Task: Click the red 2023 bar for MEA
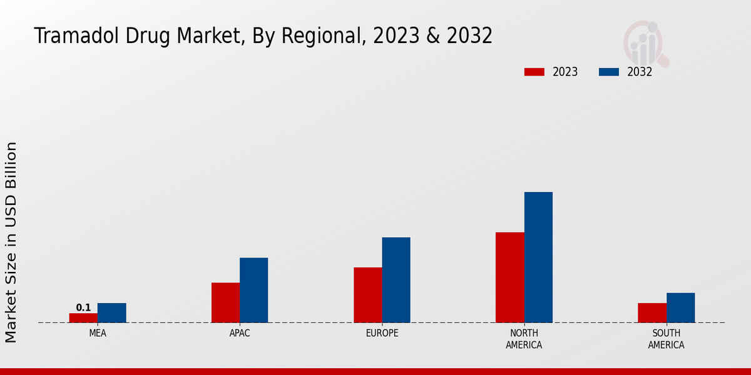83,317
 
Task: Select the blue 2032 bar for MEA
111,312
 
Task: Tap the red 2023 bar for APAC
225,302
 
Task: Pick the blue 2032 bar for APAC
253,290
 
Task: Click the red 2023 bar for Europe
367,295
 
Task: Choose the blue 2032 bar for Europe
396,280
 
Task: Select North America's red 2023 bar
509,277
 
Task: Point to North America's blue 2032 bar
538,257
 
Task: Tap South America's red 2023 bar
651,312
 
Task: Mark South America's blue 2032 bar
680,307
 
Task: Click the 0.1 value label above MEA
83,307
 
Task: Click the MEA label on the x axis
98,333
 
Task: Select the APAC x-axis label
240,333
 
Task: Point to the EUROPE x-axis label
382,333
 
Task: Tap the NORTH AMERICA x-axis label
524,339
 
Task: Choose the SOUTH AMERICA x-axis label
666,339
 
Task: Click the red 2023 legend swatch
534,72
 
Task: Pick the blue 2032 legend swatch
609,72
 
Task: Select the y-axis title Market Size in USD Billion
11,242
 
